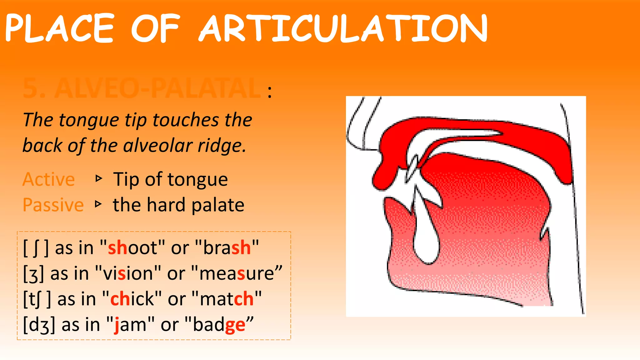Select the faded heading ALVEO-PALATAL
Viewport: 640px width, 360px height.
coord(142,88)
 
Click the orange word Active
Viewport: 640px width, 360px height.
coord(49,179)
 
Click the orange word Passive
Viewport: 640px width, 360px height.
coord(53,205)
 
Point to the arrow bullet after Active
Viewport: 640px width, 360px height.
coord(99,179)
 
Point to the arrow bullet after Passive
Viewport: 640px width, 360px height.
coord(99,204)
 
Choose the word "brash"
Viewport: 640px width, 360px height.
coord(227,248)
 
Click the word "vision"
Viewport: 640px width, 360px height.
coord(128,273)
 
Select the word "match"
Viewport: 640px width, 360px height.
coord(227,299)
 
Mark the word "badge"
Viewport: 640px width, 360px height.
coord(219,325)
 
